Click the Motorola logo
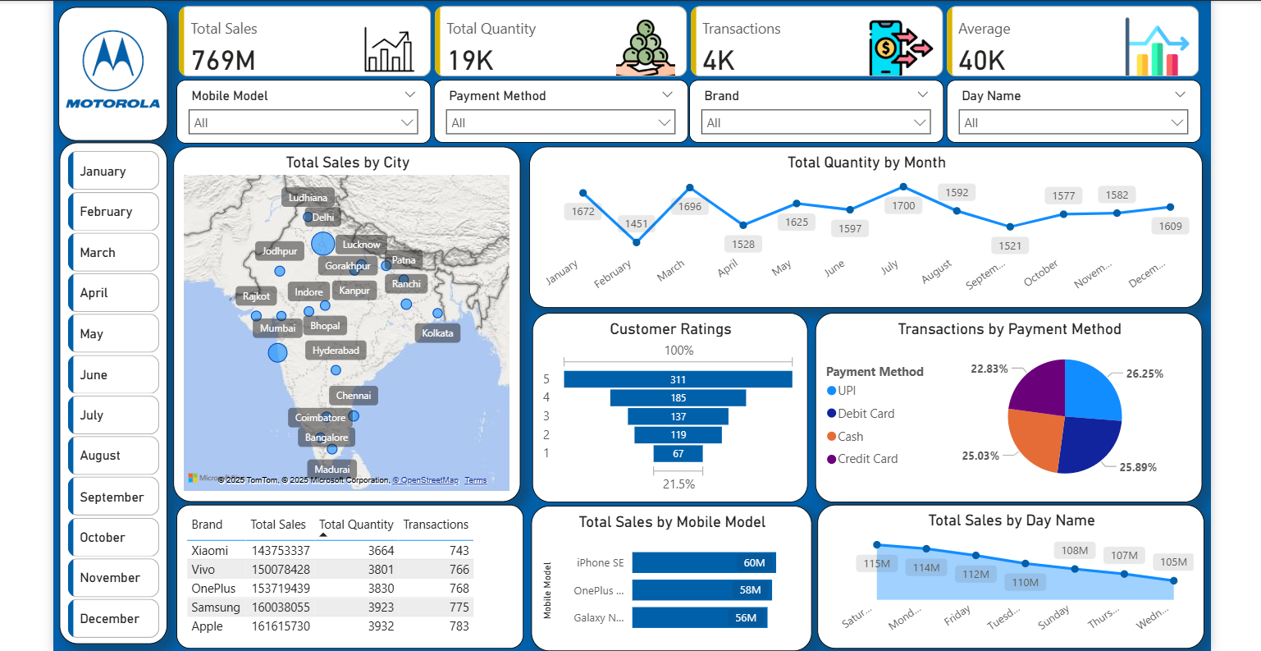pyautogui.click(x=113, y=71)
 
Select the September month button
pyautogui.click(x=113, y=497)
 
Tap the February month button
pyautogui.click(x=113, y=212)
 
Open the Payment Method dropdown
pyautogui.click(x=561, y=123)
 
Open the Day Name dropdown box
pyautogui.click(x=1074, y=123)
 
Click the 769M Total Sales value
pyautogui.click(x=223, y=60)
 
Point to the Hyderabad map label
pyautogui.click(x=336, y=351)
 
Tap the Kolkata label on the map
pyautogui.click(x=437, y=333)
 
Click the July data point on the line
pyautogui.click(x=904, y=187)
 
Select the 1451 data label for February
pyautogui.click(x=637, y=223)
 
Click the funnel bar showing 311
pyautogui.click(x=678, y=379)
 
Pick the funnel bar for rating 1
pyautogui.click(x=678, y=454)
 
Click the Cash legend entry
pyautogui.click(x=850, y=437)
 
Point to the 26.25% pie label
pyautogui.click(x=1144, y=374)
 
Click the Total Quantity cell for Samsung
pyautogui.click(x=381, y=607)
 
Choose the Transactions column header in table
pyautogui.click(x=436, y=525)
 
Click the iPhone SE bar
pyautogui.click(x=703, y=563)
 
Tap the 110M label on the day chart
pyautogui.click(x=1025, y=582)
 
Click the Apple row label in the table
pyautogui.click(x=207, y=626)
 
